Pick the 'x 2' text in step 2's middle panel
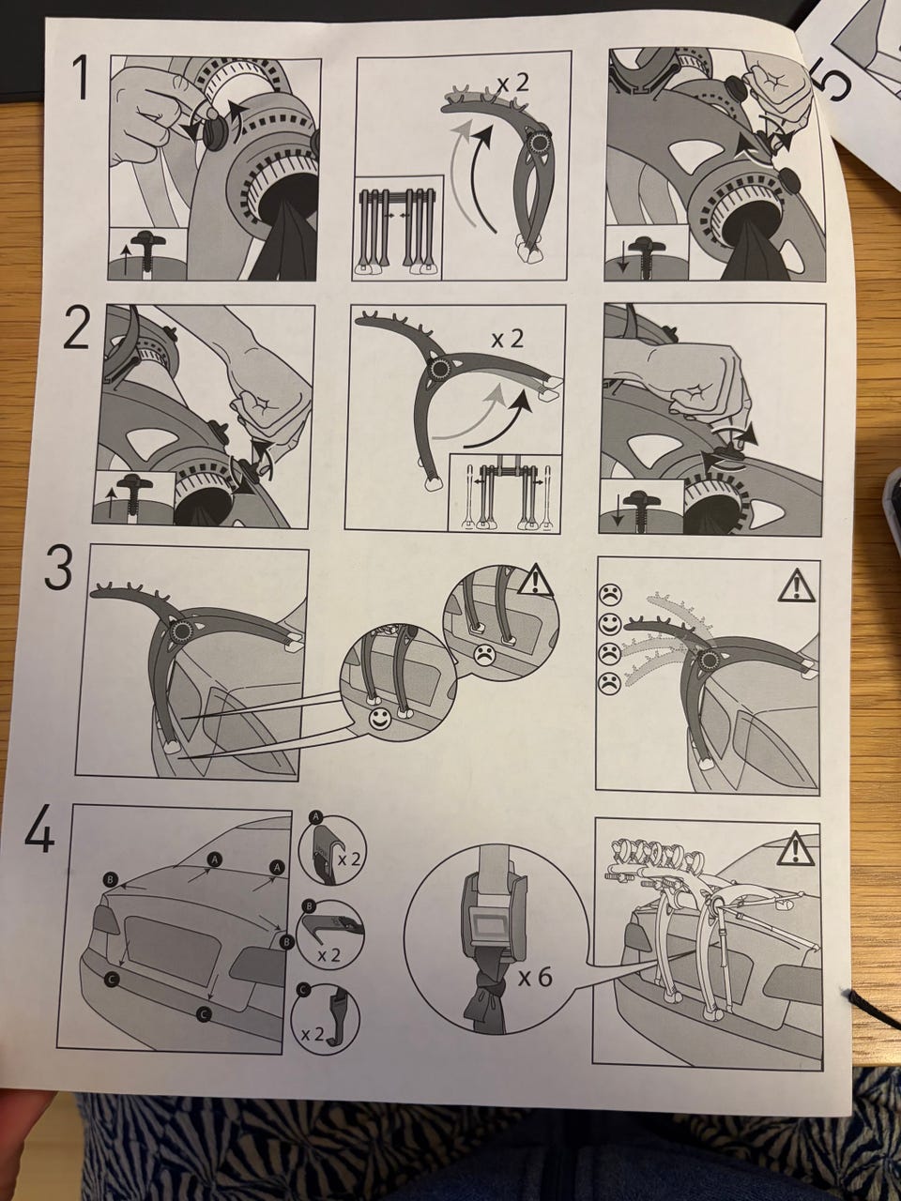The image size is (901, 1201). pos(507,340)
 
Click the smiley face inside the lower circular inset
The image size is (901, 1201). pos(378,721)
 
